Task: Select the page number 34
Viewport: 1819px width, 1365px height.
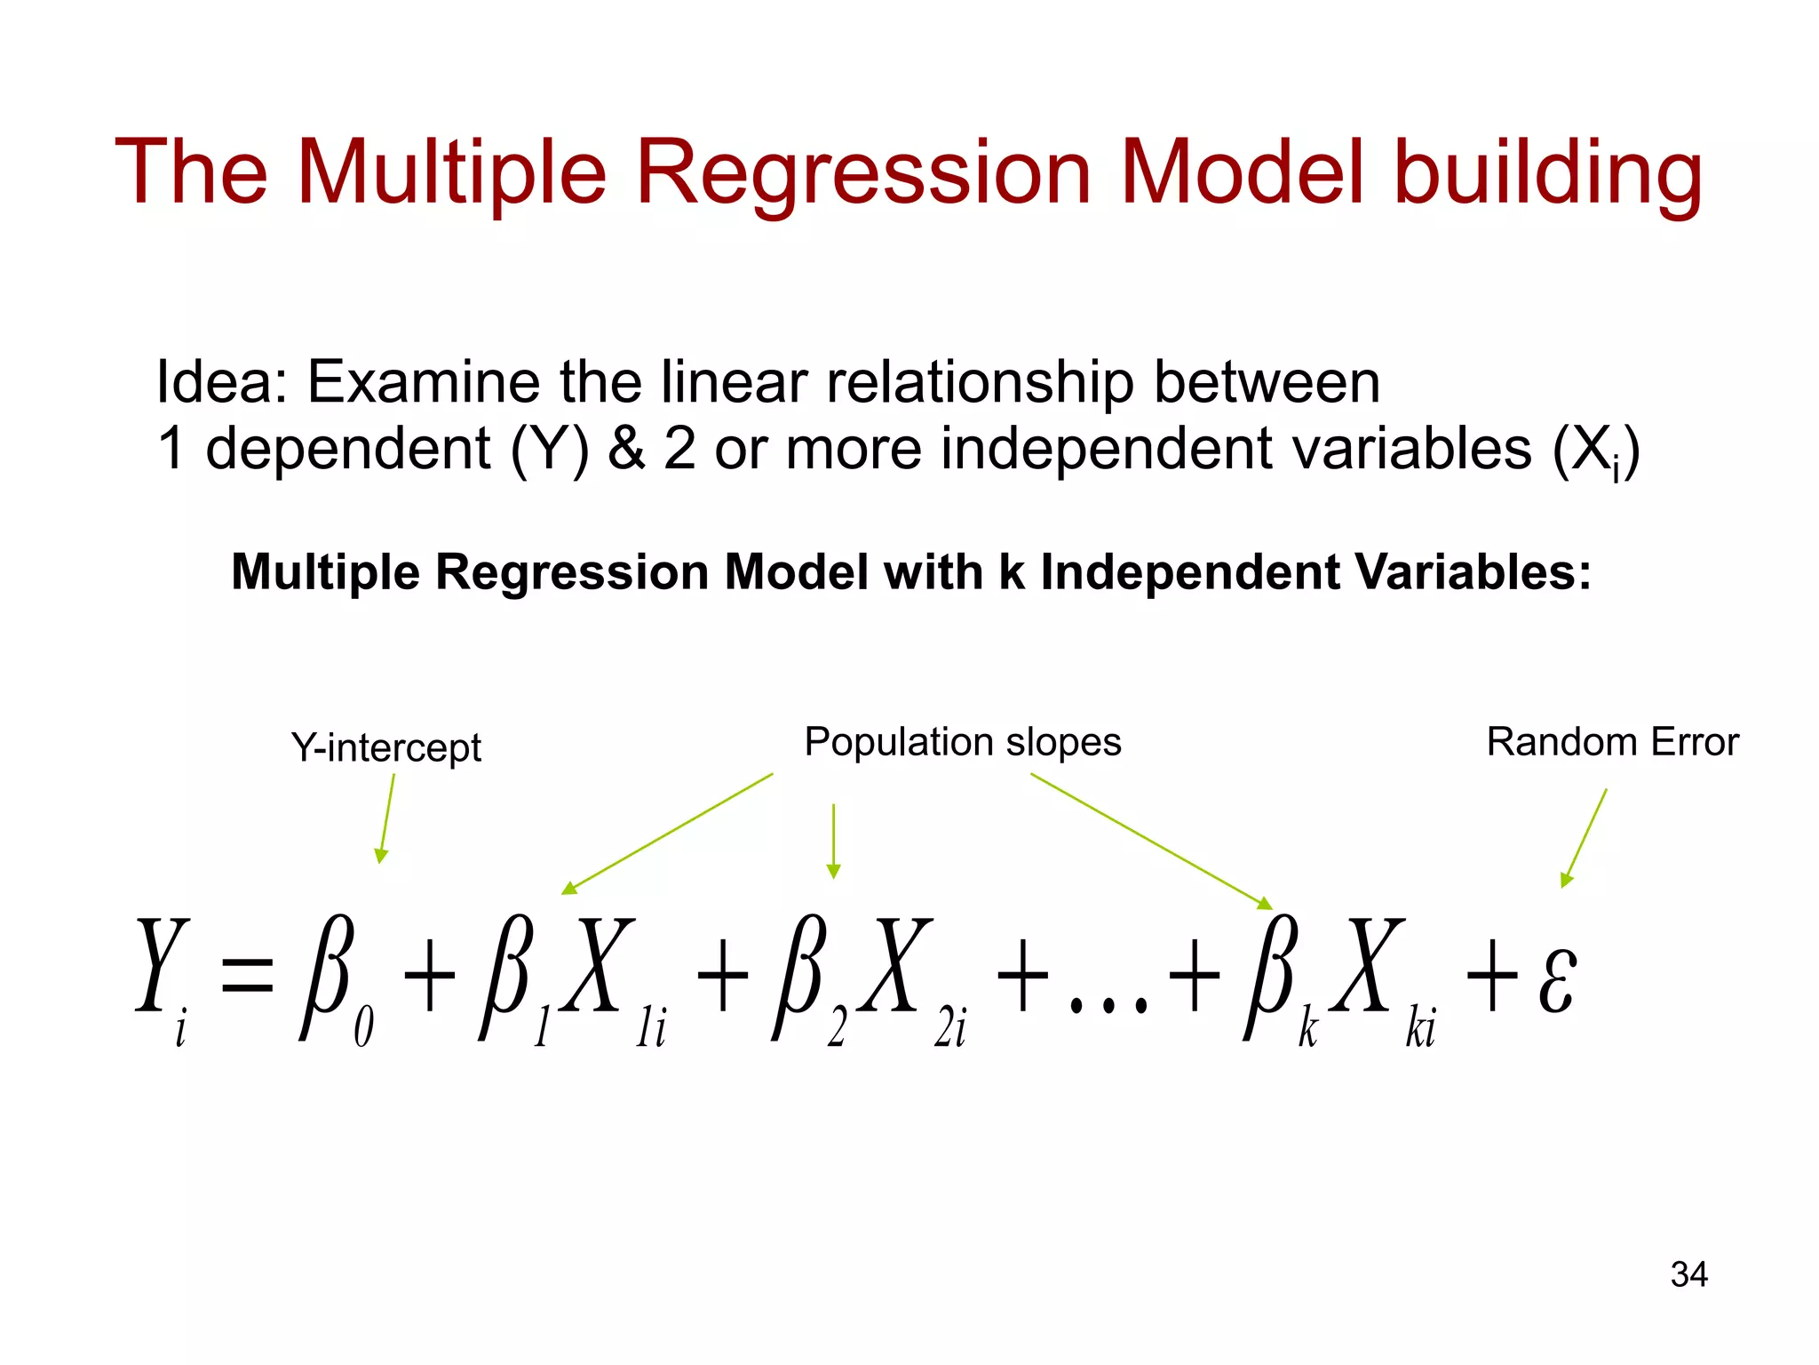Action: coord(1688,1274)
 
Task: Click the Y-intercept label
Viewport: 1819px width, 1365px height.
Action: coord(385,747)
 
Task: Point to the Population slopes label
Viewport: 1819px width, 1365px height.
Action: coord(963,742)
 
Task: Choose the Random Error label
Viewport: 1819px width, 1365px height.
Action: coord(1612,742)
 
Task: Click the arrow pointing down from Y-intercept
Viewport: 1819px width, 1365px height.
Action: coord(386,818)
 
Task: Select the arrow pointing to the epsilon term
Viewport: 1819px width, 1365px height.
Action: coord(1585,837)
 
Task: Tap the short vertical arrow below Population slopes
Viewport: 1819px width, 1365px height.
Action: coord(833,841)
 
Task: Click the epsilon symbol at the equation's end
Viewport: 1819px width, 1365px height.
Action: coord(1558,980)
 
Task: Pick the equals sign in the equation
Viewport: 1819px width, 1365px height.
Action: coord(246,974)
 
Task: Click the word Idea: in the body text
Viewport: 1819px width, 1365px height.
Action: coord(221,382)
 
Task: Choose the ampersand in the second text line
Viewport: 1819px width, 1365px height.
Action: coord(626,448)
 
